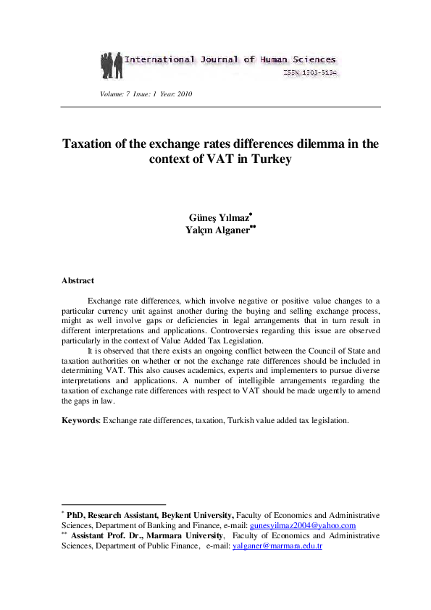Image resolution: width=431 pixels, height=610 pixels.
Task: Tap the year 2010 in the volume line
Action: click(183, 95)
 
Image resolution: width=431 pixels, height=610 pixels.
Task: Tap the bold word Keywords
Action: click(80, 419)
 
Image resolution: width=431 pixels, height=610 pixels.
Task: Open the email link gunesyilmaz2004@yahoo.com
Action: click(302, 525)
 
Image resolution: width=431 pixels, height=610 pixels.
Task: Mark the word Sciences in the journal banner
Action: click(311, 59)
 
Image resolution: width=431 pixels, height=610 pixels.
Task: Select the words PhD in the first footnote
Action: click(75, 515)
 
